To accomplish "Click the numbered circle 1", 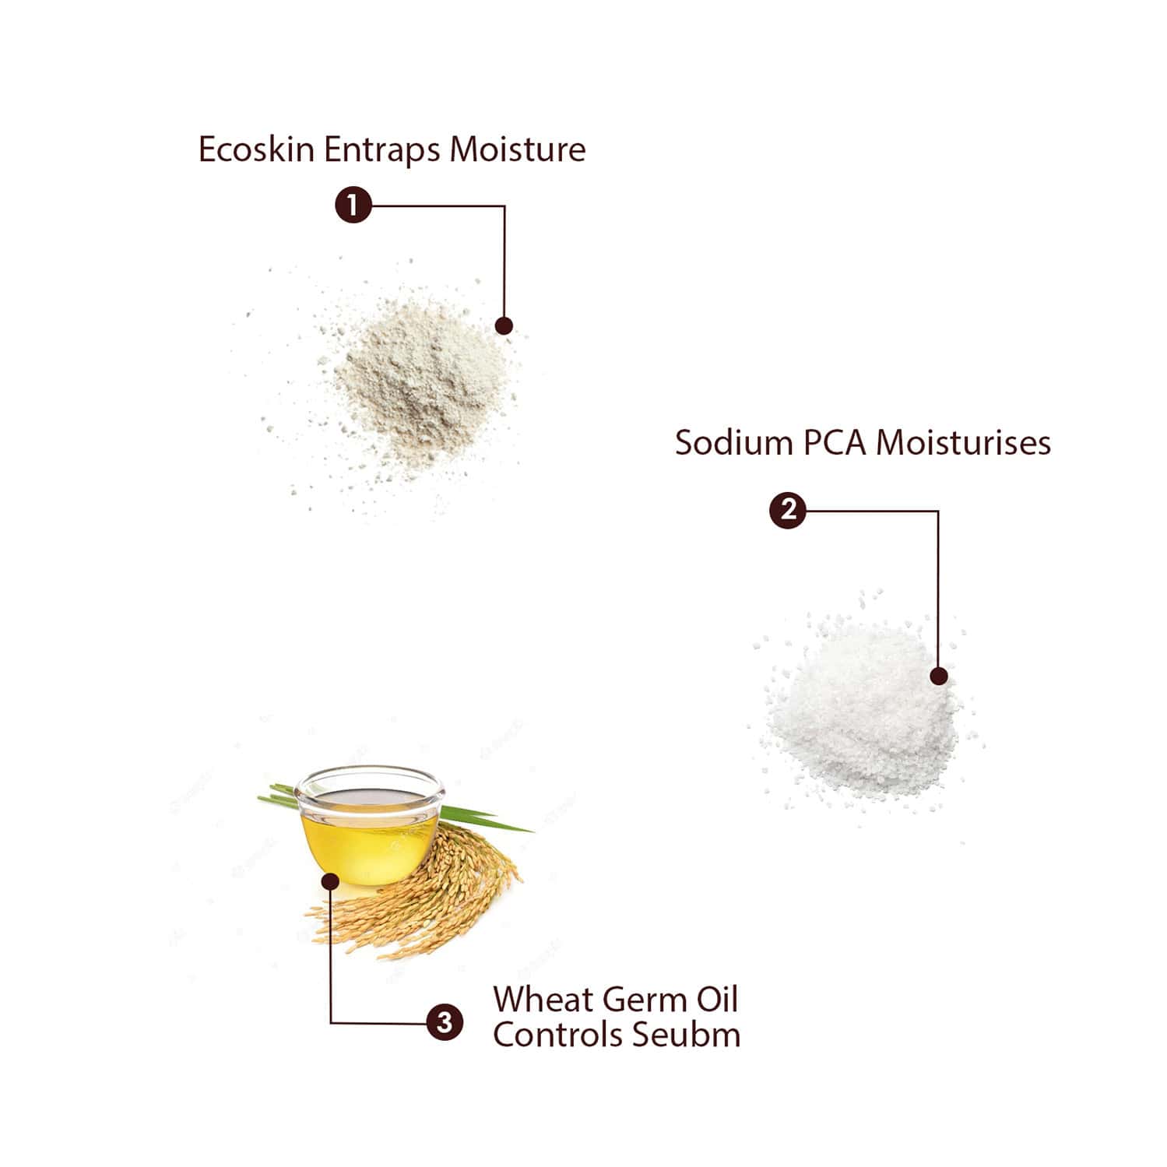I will coord(353,206).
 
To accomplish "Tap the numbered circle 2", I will coord(787,510).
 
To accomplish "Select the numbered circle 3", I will coord(445,1021).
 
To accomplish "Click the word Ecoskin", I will coord(257,149).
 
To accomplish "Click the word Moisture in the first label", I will coord(517,149).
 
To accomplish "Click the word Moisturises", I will coord(963,442).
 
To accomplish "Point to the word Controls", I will coord(558,1035).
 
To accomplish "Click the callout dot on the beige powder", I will coord(504,325).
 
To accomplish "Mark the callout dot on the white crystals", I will coord(939,676).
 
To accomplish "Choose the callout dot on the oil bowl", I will coord(330,882).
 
